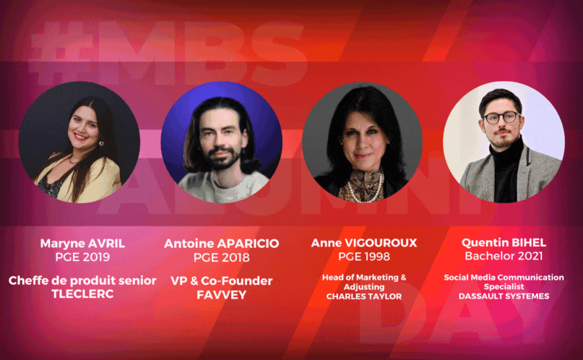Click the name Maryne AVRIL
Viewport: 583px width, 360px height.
82,244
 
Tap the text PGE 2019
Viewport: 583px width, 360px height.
82,257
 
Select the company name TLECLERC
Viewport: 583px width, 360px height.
82,293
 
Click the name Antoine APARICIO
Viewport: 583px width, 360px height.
221,244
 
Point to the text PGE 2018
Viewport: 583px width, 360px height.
221,257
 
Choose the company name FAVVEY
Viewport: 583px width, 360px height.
221,295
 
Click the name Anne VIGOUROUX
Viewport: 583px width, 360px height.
364,243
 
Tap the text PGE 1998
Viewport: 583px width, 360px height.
364,256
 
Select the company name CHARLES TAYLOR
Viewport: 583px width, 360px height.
364,296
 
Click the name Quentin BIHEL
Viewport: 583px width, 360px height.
504,243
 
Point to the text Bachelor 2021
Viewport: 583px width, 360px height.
504,256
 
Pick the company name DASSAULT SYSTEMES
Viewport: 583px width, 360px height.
504,296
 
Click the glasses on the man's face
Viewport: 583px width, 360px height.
501,118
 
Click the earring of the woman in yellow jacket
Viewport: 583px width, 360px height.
100,142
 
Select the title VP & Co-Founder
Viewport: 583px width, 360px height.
221,280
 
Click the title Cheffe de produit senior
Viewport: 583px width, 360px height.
82,280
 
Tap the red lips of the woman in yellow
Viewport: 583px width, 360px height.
80,136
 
